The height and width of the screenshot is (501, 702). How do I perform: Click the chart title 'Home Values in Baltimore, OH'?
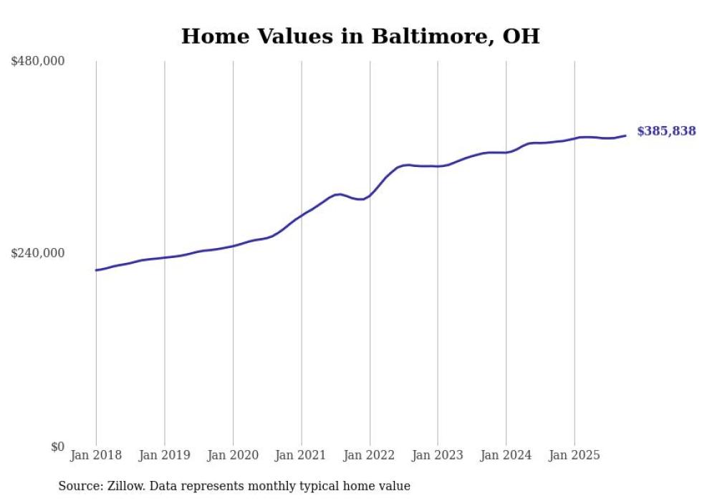360,36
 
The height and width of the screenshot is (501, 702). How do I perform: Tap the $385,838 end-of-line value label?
666,131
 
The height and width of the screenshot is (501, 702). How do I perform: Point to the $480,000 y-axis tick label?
38,62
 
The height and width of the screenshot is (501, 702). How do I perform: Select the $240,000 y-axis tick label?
38,253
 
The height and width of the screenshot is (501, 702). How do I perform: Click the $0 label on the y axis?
57,447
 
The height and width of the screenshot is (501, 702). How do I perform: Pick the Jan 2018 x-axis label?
96,455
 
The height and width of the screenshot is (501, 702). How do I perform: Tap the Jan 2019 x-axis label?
165,455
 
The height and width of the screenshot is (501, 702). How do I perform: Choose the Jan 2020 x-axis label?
233,455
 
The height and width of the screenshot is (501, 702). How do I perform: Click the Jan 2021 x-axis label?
301,455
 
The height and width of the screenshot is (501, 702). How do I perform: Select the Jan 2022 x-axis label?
370,455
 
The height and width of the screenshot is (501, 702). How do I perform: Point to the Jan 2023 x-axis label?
438,455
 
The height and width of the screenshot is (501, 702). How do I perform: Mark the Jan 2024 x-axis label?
506,455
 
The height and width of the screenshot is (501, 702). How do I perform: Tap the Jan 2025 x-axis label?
574,455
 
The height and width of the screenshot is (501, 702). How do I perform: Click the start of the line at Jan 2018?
97,270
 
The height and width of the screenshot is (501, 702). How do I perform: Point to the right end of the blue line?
625,135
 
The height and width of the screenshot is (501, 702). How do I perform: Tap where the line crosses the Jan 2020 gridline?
233,246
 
